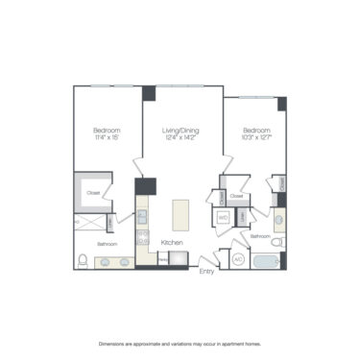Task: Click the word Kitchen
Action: coord(173,242)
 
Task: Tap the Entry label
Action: coord(206,271)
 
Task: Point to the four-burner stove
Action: coord(142,235)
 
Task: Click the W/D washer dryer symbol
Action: coord(223,218)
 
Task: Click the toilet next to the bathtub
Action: coord(276,243)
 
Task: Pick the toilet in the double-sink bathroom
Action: coord(83,260)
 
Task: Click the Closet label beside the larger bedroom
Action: coord(93,193)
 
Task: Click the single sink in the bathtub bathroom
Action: coord(279,219)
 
